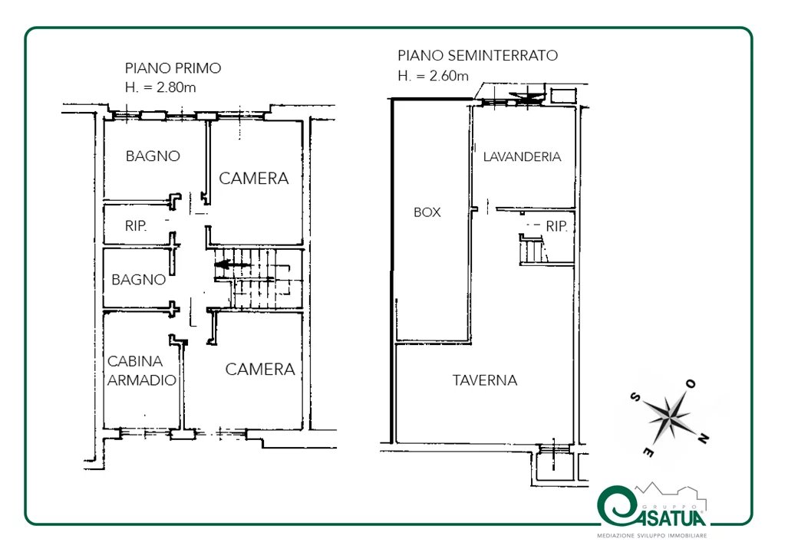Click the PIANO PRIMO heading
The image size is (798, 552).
point(173,68)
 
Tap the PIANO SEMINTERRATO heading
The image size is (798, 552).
point(477,55)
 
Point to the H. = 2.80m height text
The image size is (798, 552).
point(160,87)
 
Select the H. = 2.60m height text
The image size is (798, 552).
point(433,76)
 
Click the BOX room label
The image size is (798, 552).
point(427,212)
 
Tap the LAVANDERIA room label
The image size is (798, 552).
point(522,156)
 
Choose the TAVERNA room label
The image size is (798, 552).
point(484,380)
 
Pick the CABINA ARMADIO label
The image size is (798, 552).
point(141,370)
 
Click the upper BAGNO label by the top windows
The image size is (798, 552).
point(153,156)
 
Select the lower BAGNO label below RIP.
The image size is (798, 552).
point(138,280)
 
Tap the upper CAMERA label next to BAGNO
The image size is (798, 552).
point(253,179)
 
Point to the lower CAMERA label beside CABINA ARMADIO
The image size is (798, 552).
point(260,370)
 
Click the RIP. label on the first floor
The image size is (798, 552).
point(136,226)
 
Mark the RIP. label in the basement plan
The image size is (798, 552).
point(557,227)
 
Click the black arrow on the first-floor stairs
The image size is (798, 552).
point(232,264)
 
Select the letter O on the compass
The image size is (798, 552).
point(691,384)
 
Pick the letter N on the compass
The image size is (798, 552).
point(703,437)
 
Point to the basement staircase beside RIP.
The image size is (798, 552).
point(533,251)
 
